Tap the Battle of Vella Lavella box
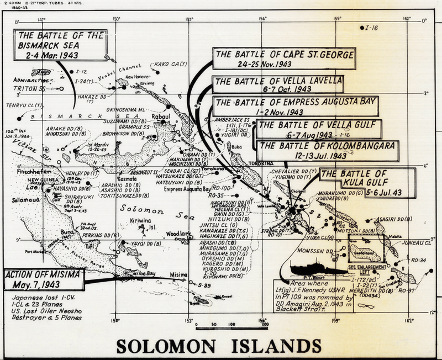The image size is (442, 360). coord(278,84)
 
